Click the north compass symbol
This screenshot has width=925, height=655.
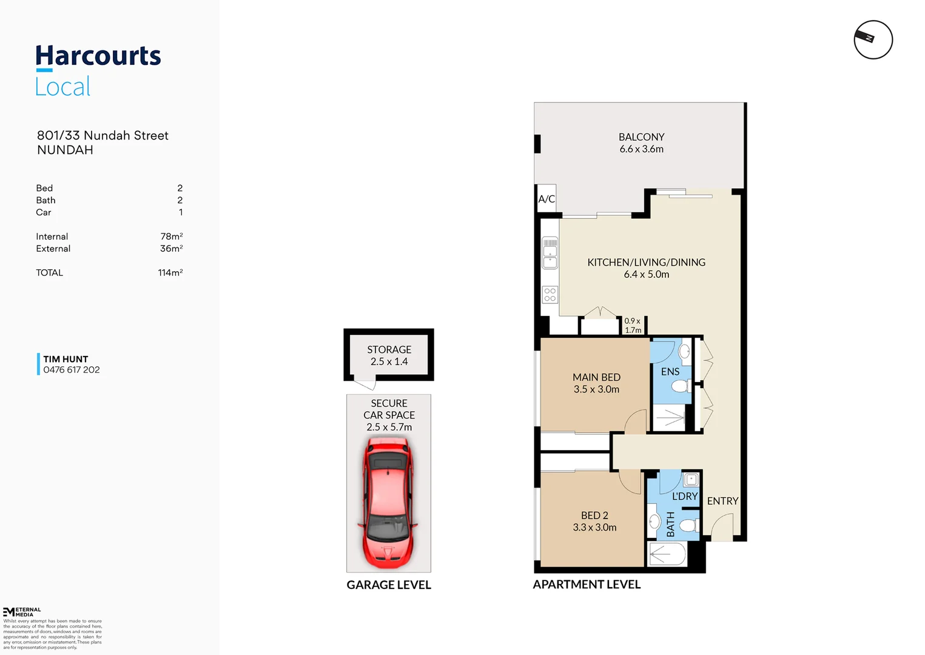873,39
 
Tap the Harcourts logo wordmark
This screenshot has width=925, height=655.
98,56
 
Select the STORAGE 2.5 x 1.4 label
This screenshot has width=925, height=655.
389,355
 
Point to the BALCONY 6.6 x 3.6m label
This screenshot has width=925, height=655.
641,143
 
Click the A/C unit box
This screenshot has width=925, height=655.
547,199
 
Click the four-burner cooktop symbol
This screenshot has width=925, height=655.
550,295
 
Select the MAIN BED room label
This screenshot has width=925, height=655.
596,383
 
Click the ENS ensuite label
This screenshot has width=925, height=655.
670,372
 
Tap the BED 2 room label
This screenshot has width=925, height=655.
594,522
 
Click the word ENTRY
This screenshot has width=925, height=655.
722,501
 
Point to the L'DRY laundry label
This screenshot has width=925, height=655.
684,496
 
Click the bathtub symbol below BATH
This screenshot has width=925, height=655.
667,554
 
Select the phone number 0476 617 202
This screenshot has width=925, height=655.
72,370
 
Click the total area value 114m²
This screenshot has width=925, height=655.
170,273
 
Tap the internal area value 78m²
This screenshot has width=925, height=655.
172,237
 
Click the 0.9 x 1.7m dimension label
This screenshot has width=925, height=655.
633,326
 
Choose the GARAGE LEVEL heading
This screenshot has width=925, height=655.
389,585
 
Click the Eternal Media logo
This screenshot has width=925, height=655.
22,611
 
